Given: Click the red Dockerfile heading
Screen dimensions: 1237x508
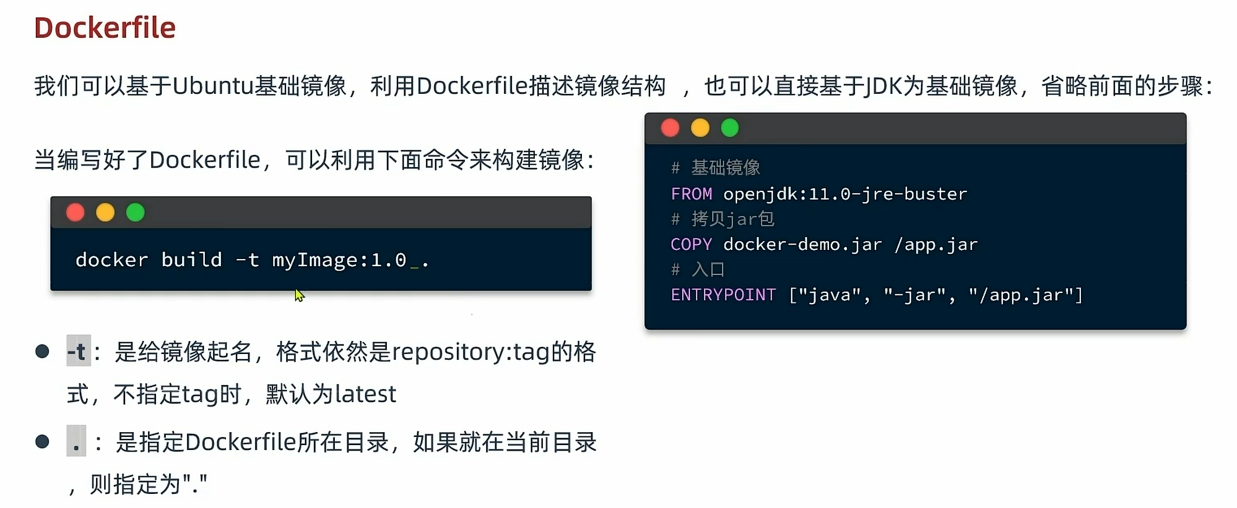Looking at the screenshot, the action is (105, 28).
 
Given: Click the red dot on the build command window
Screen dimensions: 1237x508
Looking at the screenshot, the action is (75, 213).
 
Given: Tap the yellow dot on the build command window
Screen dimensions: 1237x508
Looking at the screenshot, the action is (105, 213).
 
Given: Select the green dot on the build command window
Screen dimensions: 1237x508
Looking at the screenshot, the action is (135, 213).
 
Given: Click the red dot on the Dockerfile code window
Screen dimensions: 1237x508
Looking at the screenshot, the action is (670, 128).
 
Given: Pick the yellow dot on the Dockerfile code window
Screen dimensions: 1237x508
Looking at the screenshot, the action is (700, 128).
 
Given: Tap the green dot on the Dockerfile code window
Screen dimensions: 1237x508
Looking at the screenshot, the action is (730, 128).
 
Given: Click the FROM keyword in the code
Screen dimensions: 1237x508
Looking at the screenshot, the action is (691, 194).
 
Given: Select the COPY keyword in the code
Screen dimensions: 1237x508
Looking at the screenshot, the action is (691, 245).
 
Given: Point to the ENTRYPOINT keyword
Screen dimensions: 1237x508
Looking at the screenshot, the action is (723, 295).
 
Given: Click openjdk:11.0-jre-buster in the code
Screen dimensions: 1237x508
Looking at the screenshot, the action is (845, 194).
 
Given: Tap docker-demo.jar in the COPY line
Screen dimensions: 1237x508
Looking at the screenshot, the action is (802, 245).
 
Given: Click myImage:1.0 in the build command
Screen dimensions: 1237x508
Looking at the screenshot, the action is (339, 260).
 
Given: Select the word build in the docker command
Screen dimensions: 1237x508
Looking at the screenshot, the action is (192, 260).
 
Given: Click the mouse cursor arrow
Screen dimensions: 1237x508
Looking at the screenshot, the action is (299, 295).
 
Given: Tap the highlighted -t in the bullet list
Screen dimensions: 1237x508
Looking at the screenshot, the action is (78, 352).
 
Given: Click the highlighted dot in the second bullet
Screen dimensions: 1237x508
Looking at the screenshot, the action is (76, 442).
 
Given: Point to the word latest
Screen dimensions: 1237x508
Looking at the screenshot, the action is (366, 394).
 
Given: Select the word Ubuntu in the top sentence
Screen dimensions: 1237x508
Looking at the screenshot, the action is (213, 86).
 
